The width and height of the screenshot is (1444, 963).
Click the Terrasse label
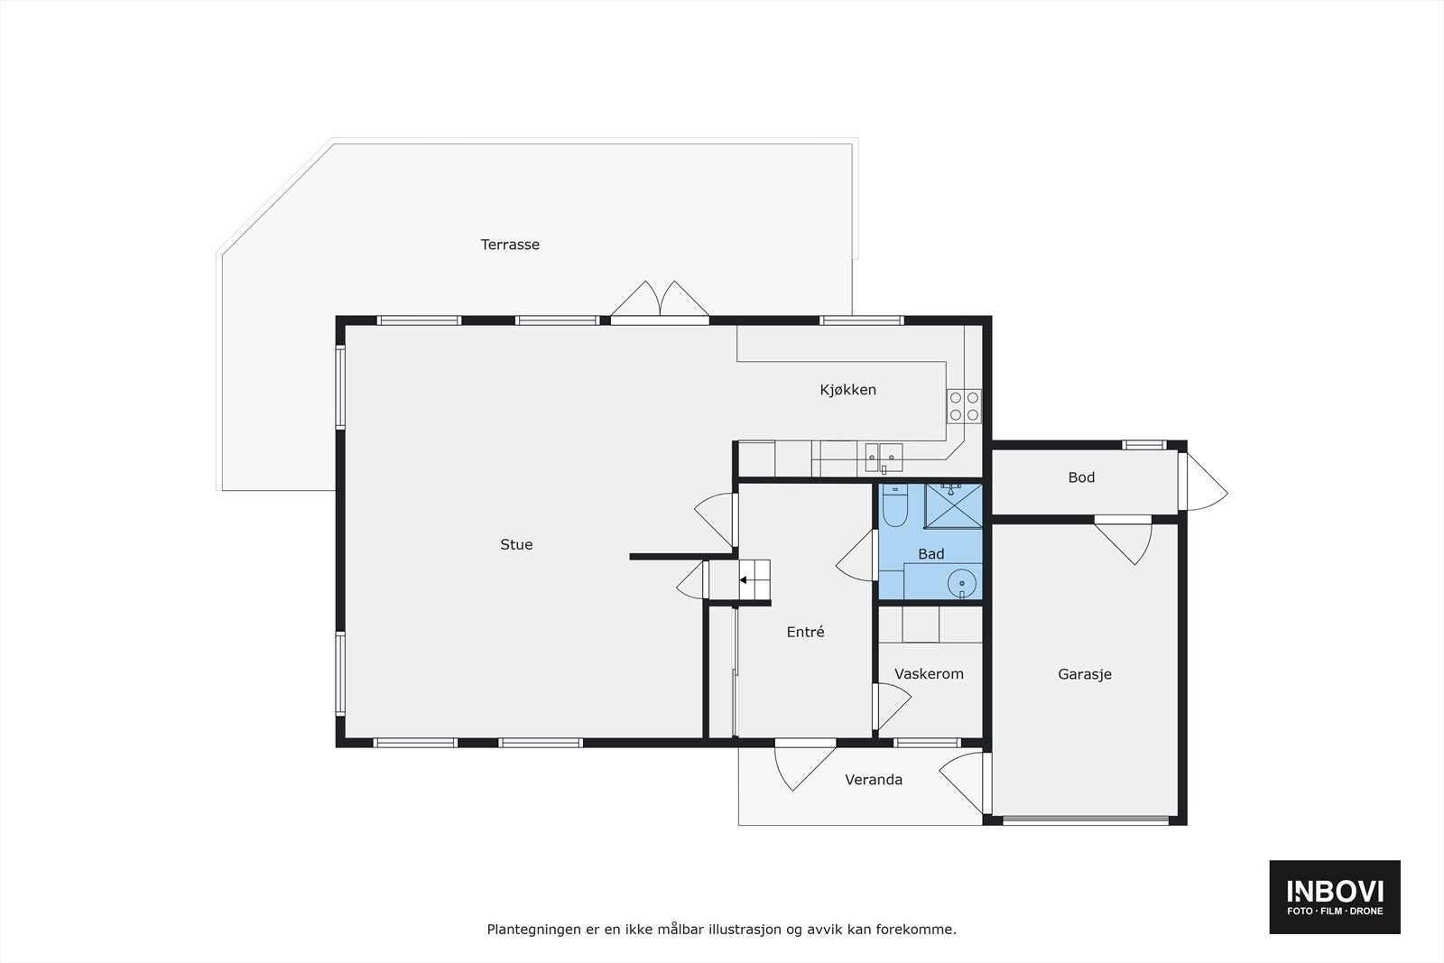(x=510, y=245)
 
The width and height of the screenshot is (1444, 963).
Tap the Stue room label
(x=516, y=544)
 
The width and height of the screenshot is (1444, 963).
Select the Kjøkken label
(x=847, y=390)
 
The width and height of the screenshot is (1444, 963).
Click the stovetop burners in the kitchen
(x=964, y=406)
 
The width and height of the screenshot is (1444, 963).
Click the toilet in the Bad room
(x=895, y=506)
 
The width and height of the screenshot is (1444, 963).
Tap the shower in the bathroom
(x=952, y=505)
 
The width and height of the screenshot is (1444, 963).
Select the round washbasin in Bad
(x=963, y=584)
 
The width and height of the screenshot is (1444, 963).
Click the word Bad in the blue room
(x=930, y=554)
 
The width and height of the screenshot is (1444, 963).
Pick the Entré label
(x=805, y=633)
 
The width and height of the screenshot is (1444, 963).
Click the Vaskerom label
(x=929, y=674)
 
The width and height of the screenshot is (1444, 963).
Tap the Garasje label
(x=1084, y=674)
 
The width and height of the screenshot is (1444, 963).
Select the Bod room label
(x=1081, y=477)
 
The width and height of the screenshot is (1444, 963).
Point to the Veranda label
(x=873, y=780)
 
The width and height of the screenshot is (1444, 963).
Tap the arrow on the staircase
(x=746, y=580)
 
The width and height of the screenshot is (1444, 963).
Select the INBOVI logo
(x=1335, y=897)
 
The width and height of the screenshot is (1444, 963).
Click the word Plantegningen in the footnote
(x=531, y=929)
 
